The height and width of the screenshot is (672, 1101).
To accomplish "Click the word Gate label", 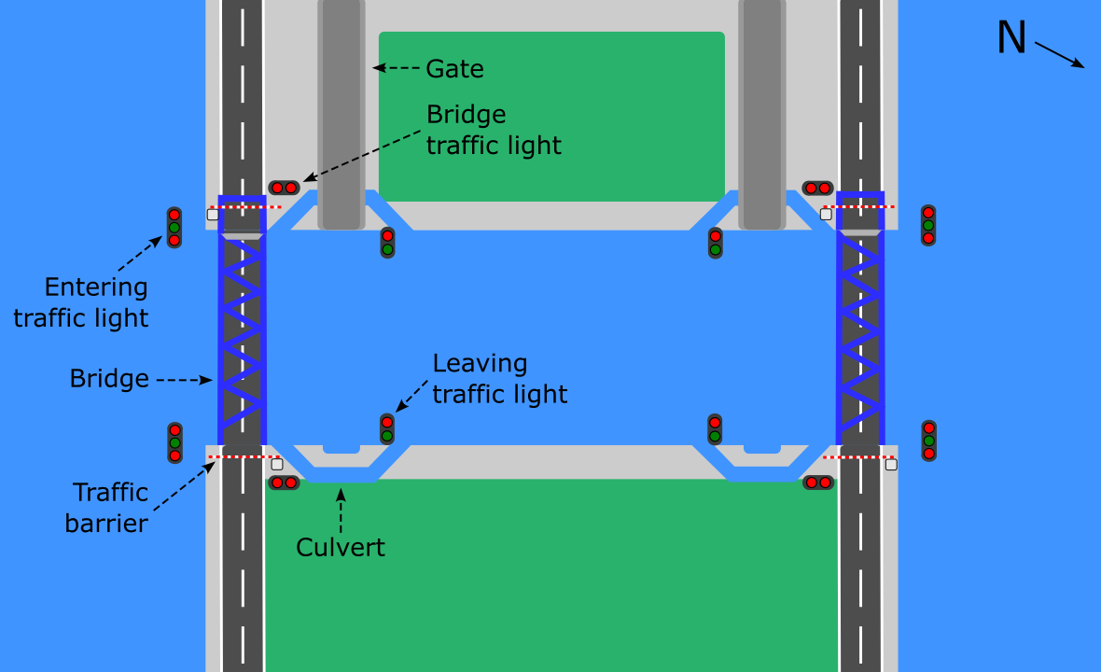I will tap(454, 68).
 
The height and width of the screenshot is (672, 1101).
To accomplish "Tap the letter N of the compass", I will tap(1011, 38).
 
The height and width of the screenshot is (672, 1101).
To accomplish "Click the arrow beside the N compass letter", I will tap(1059, 53).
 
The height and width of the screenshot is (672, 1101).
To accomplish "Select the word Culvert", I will tap(340, 547).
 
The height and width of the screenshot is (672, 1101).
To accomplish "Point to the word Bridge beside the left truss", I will tap(109, 379).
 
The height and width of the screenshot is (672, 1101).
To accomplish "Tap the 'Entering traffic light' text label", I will tap(81, 302).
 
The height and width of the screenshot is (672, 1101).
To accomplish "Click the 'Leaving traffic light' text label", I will tap(499, 378).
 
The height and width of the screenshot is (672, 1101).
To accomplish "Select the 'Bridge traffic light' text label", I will tap(494, 130).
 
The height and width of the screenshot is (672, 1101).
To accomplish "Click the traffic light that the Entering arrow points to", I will tap(174, 227).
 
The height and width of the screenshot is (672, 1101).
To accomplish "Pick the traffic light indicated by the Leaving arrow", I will tap(387, 428).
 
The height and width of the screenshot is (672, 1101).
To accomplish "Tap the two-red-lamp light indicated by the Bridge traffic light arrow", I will tap(284, 188).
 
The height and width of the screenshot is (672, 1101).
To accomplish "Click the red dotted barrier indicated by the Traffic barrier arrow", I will tap(243, 457).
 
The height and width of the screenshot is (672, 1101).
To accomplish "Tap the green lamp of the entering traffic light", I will tap(174, 227).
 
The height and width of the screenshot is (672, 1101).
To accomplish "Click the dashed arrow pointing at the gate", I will tap(397, 67).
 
